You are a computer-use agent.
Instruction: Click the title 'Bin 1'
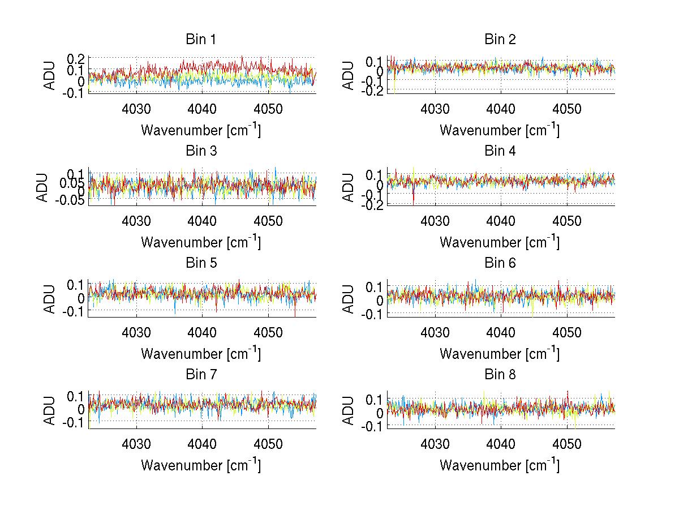201,40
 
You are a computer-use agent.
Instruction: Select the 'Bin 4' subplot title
500,151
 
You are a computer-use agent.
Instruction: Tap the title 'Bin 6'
500,263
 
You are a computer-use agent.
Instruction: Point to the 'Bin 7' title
201,374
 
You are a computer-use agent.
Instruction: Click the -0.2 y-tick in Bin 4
374,204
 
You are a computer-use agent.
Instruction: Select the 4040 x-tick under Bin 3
202,220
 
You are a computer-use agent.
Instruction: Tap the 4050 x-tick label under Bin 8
567,444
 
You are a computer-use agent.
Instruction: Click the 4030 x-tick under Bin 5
136,332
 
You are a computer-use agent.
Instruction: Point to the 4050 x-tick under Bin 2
567,109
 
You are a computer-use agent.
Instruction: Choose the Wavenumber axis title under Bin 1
201,130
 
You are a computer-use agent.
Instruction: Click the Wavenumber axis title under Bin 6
500,354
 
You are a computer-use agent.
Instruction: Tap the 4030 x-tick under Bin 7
136,444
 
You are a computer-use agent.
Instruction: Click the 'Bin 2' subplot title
500,40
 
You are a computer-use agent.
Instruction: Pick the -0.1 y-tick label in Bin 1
75,92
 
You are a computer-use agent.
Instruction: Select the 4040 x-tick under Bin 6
501,332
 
